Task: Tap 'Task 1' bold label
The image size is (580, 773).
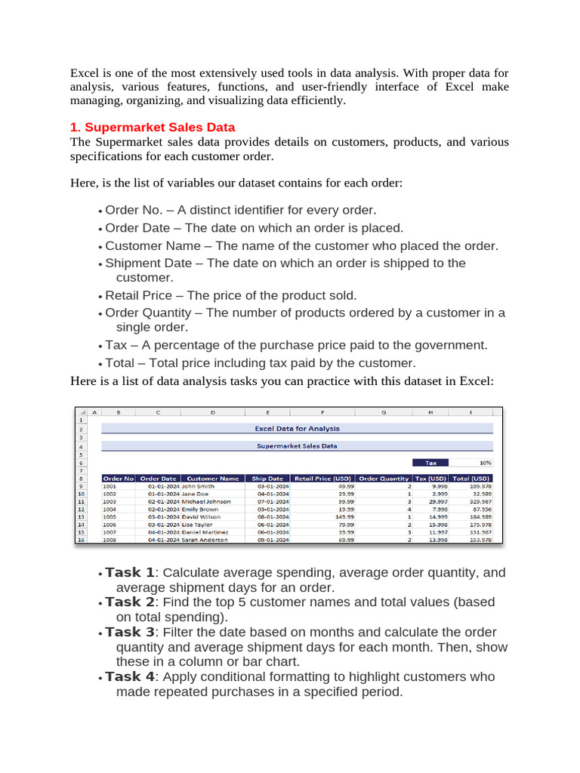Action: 129,573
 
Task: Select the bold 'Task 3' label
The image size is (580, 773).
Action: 129,632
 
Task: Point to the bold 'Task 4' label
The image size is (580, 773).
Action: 129,676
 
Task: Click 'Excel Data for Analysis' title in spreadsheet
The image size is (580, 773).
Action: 297,428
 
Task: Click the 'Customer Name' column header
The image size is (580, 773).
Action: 212,478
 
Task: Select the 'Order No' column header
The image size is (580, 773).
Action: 118,478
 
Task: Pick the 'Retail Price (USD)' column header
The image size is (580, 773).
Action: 322,478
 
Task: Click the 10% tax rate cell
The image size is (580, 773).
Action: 484,463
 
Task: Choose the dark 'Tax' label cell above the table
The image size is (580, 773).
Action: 431,463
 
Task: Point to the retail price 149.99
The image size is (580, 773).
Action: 344,517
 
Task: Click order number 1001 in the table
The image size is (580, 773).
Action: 110,486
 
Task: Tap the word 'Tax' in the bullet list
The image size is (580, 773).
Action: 116,345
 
